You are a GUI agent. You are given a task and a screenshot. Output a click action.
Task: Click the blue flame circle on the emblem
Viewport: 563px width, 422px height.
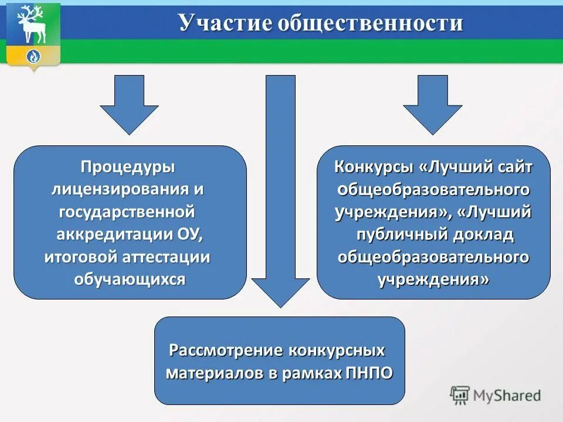pos(33,57)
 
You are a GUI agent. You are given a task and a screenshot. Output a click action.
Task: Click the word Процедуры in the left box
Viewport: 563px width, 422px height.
pos(128,167)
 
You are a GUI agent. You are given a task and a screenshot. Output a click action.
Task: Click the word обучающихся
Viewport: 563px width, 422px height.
pos(129,279)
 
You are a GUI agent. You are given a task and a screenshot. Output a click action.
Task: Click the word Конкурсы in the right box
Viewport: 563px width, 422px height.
pos(374,167)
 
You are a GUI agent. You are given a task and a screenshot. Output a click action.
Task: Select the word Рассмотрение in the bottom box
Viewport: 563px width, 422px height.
pos(226,350)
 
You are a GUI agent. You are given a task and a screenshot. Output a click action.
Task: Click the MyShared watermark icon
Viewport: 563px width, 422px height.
pos(460,396)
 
